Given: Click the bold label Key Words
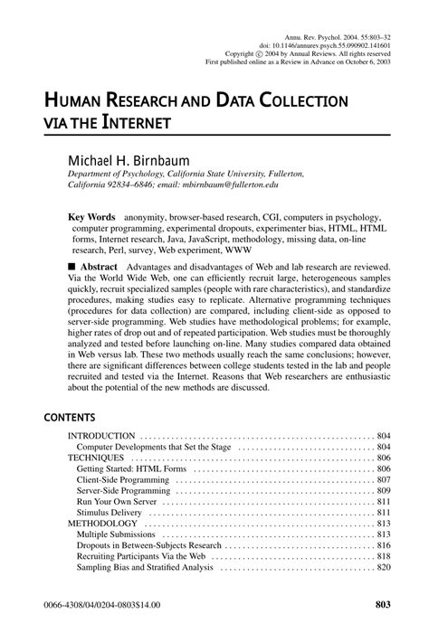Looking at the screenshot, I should pos(92,218).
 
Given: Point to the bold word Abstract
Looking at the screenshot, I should pos(100,269).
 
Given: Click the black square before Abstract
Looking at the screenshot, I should pos(73,269).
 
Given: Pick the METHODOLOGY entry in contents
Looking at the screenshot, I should pos(103,523).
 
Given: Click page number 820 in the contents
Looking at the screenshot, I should pos(383,567).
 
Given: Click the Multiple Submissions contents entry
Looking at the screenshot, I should pos(119,534).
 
